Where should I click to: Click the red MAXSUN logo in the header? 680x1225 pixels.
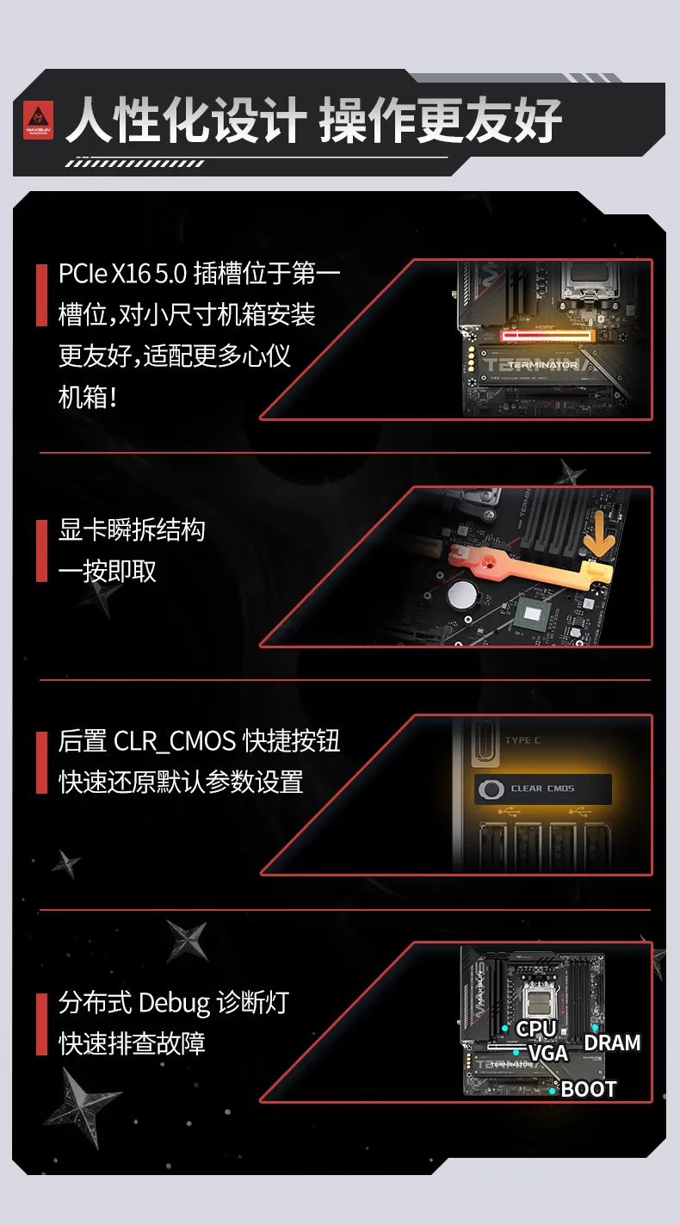[x=38, y=120]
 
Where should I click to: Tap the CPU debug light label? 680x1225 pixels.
[x=536, y=1029]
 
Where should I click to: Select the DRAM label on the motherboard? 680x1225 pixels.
[x=612, y=1042]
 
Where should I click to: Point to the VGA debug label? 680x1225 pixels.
[x=547, y=1053]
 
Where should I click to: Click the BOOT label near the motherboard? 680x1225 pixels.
[x=589, y=1089]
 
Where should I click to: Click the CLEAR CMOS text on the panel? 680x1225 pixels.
[x=542, y=789]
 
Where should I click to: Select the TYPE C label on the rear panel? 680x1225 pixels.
[x=522, y=740]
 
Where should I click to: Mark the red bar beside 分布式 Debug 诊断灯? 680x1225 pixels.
[x=41, y=1024]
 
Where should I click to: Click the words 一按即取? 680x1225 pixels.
[x=108, y=571]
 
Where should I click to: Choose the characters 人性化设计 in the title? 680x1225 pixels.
[x=186, y=121]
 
